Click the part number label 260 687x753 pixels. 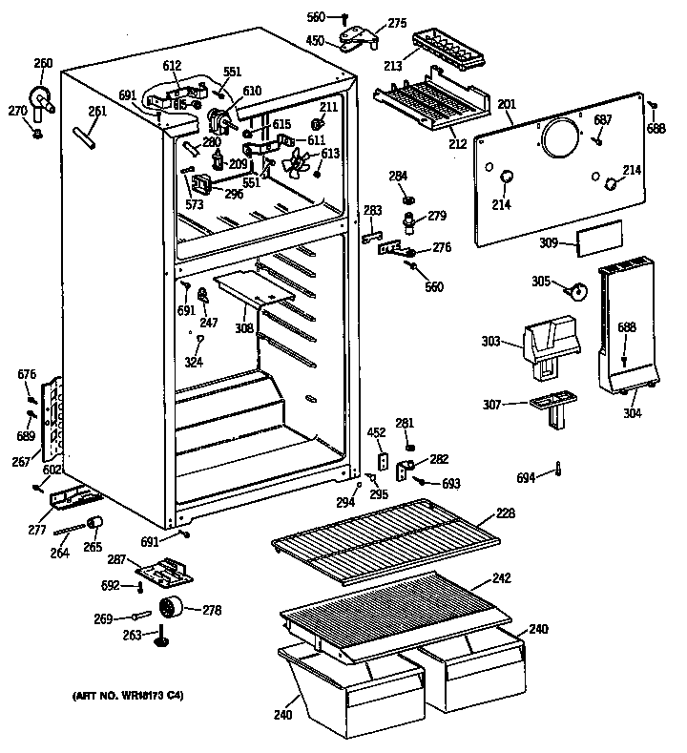[43, 64]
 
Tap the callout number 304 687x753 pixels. [633, 413]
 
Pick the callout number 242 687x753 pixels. [503, 576]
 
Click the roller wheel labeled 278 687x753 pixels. [173, 608]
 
